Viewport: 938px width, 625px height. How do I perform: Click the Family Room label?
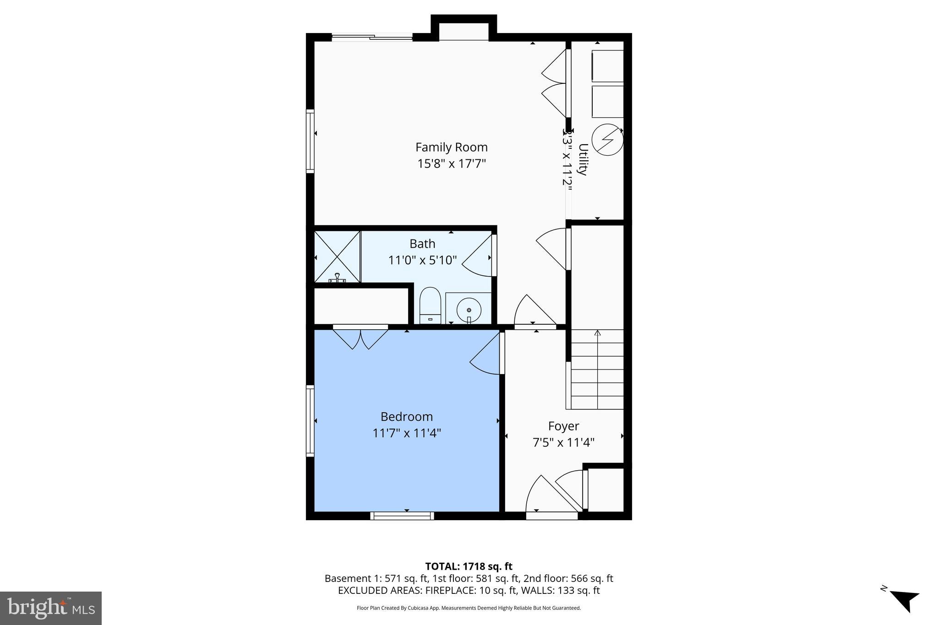pyautogui.click(x=451, y=147)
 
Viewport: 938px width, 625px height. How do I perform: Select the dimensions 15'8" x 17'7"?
pyautogui.click(x=451, y=163)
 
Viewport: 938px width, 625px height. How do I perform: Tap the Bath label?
pyautogui.click(x=422, y=244)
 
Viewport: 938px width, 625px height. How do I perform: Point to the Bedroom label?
pyautogui.click(x=406, y=417)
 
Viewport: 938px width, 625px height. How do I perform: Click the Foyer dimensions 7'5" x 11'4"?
pyautogui.click(x=563, y=442)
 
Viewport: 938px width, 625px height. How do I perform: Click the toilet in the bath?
pyautogui.click(x=430, y=305)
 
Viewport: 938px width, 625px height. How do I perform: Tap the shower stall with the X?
pyautogui.click(x=337, y=256)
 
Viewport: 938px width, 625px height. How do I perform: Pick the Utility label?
pyautogui.click(x=583, y=159)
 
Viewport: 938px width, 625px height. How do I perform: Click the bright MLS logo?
pyautogui.click(x=51, y=608)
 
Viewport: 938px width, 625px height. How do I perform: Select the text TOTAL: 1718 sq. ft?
pyautogui.click(x=469, y=566)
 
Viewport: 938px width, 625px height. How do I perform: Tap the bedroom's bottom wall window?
pyautogui.click(x=402, y=516)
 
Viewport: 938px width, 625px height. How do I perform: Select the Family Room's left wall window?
pyautogui.click(x=311, y=141)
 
